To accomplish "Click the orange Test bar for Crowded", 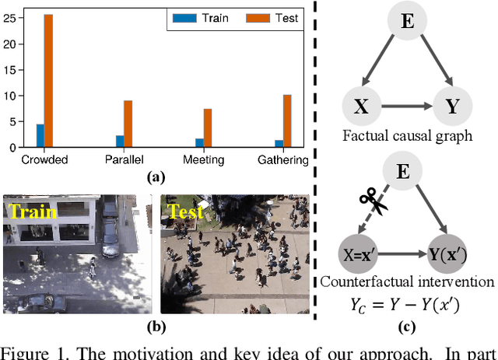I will point(49,80).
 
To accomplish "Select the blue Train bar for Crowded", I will point(40,135).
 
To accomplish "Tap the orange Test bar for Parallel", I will point(128,124).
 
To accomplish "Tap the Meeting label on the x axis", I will point(204,160).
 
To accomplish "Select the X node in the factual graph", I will point(360,107).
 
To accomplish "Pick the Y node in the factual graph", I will point(451,107).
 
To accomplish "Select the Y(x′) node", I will point(451,253).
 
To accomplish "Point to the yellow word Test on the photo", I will point(186,211).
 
